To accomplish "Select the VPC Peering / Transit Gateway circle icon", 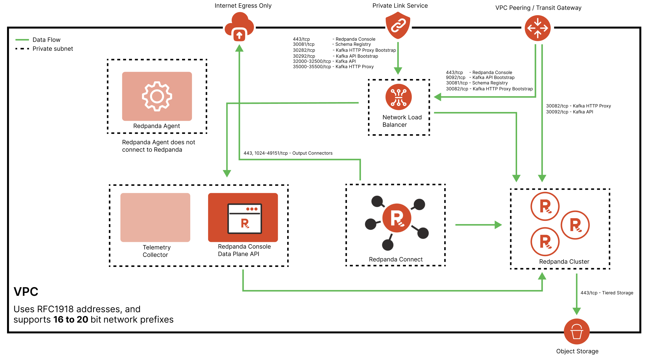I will (538, 28).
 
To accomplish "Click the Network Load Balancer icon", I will (398, 97).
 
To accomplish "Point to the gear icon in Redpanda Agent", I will (157, 96).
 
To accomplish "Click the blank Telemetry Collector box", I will (155, 217).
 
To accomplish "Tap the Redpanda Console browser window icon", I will (245, 219).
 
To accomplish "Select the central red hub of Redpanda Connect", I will (397, 218).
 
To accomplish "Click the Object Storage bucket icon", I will (577, 331).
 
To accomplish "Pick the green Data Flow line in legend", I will (22, 40).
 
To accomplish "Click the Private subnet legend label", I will (53, 49).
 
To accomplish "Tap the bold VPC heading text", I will (26, 292).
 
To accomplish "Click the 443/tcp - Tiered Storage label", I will (607, 293).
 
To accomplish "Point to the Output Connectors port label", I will (288, 153).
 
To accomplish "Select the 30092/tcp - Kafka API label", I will (569, 112).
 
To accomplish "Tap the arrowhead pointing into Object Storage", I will (577, 311).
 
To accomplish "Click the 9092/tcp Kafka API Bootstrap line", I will (480, 78).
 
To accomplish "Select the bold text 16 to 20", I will (71, 320).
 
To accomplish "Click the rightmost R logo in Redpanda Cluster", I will (575, 225).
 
